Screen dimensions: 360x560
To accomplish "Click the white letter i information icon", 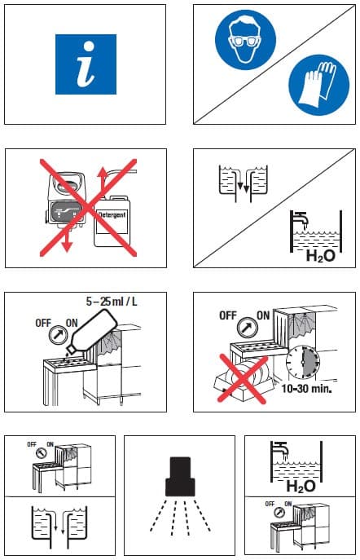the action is point(86,64).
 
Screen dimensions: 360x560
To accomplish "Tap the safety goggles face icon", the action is point(245,39).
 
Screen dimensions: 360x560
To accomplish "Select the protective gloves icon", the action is point(319,85).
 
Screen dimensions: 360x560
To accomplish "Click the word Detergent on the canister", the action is point(112,215).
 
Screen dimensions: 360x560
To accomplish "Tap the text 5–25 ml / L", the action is point(112,302).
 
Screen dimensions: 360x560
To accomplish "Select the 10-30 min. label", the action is point(306,389).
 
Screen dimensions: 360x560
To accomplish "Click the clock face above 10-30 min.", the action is point(302,362).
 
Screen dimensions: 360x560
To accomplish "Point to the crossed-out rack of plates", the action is point(244,380).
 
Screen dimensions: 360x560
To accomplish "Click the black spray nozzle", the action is point(180,476).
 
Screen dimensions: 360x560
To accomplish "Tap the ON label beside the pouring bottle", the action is point(72,324).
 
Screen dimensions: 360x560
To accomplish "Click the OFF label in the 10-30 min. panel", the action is point(227,315).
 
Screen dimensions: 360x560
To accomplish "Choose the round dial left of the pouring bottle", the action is point(58,335).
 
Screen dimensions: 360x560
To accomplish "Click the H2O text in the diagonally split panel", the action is point(321,256).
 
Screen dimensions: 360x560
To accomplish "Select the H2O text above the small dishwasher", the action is point(301,486).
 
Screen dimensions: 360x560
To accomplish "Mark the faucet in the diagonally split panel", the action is point(299,217).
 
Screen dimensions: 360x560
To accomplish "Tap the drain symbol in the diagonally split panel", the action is point(243,183).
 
